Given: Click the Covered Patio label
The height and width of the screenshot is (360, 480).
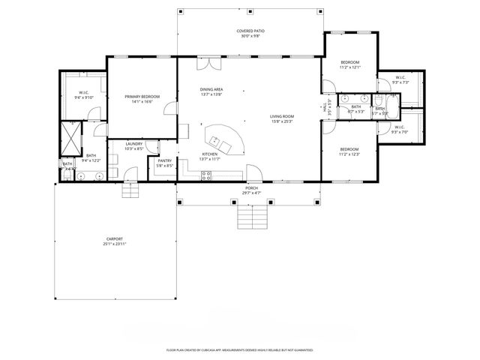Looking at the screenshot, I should coord(251,31).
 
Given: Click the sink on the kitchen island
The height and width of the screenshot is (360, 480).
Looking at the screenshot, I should coord(217,140).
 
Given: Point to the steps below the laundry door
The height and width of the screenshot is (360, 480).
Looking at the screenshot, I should coord(132,190).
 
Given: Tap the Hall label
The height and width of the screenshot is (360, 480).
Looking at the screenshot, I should coord(325,106).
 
